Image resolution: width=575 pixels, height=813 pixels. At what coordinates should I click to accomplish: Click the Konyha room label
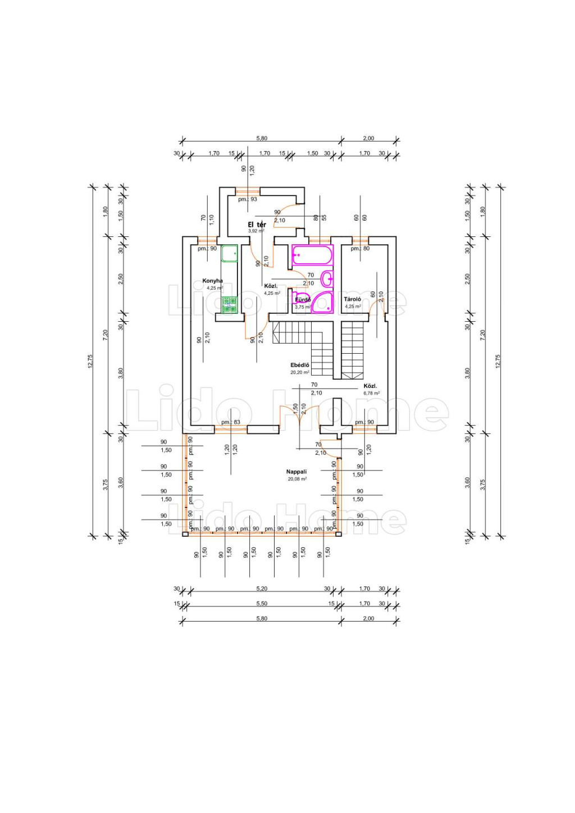click(212, 281)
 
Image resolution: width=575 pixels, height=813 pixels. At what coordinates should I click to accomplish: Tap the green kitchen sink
click(229, 254)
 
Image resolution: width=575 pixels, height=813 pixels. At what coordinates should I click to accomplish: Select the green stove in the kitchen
click(229, 304)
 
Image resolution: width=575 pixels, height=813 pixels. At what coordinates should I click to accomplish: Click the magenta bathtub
click(312, 255)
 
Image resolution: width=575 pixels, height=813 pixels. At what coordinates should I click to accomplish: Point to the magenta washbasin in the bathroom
click(327, 277)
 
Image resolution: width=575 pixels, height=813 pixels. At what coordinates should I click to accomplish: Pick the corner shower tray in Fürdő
click(323, 302)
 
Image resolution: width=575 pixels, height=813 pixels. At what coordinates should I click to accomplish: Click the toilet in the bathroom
click(300, 298)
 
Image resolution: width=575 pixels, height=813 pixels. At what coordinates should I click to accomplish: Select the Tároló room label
click(353, 299)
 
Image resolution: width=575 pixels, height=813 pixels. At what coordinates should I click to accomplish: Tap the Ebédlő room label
click(300, 365)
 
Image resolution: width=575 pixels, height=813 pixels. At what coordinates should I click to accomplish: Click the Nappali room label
click(296, 472)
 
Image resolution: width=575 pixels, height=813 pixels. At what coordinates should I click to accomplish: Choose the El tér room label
click(257, 225)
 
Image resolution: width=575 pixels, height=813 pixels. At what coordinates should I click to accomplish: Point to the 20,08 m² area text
click(297, 479)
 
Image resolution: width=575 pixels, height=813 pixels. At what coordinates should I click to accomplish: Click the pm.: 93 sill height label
click(247, 199)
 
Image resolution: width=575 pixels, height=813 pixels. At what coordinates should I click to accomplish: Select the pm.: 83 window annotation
click(231, 422)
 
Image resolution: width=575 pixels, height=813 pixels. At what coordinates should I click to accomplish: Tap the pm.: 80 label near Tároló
click(360, 248)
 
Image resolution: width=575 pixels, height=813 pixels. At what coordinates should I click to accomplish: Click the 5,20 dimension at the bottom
click(262, 588)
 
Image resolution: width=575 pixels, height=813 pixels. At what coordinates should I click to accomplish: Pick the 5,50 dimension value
click(262, 604)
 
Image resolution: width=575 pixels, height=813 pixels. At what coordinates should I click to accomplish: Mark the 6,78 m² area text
click(371, 393)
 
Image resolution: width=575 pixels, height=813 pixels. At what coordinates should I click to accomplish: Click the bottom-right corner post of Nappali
click(339, 534)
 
